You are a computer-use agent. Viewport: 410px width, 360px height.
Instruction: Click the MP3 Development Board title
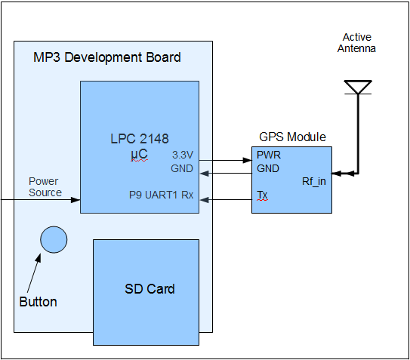coord(107,57)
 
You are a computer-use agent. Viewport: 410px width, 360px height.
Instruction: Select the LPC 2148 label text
coord(140,139)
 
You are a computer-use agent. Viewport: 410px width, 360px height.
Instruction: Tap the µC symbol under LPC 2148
coord(140,154)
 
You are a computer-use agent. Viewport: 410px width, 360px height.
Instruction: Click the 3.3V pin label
coord(183,155)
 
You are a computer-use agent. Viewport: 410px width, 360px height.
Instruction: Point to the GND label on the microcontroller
coord(182,168)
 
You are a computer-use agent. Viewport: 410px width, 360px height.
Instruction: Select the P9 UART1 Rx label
coord(162,195)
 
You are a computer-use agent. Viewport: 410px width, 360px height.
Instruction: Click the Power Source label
coord(45,187)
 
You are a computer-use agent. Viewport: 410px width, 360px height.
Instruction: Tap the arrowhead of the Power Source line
coord(76,200)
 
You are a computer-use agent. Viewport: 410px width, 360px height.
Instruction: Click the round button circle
coord(54,239)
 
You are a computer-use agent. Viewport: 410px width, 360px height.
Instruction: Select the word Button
coord(39,302)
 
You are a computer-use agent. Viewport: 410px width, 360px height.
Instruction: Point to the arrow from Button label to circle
coord(34,272)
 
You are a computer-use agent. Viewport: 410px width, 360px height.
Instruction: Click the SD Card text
coord(150,289)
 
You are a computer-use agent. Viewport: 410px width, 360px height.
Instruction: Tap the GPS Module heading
coord(293,137)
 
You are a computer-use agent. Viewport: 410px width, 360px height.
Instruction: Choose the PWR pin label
coord(269,155)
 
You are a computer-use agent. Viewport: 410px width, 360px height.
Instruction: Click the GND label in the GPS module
coord(268,168)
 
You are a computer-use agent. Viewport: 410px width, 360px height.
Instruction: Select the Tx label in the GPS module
coord(262,195)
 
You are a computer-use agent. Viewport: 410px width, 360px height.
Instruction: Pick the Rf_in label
coord(314,181)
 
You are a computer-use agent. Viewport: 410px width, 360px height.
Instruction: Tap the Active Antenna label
coord(356,43)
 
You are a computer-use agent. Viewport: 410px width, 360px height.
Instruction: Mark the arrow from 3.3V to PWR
coord(226,160)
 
